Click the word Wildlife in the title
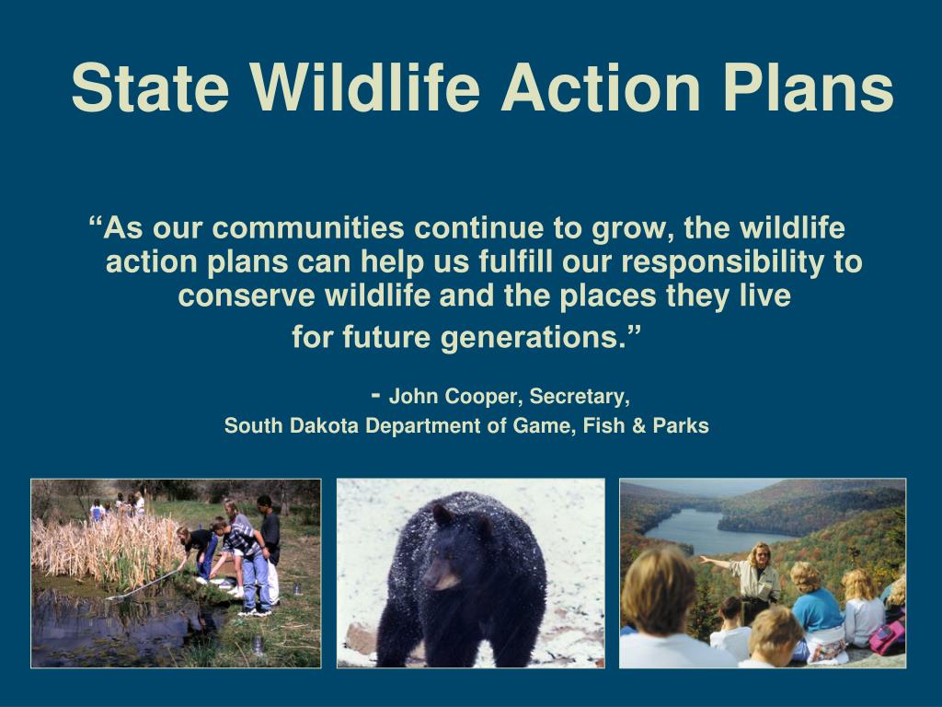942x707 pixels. pos(365,87)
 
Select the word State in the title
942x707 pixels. pos(150,87)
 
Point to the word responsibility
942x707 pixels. pos(723,262)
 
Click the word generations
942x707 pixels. pos(531,337)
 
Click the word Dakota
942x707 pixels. pos(325,425)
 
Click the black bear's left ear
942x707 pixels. pos(442,515)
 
